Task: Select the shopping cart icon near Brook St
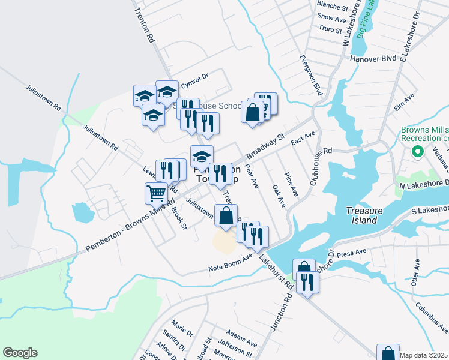(156, 193)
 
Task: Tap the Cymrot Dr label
(195, 77)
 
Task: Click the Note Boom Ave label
(231, 263)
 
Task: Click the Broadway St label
(265, 146)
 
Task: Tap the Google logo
(20, 353)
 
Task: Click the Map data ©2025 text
(423, 355)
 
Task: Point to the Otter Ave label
(415, 272)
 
